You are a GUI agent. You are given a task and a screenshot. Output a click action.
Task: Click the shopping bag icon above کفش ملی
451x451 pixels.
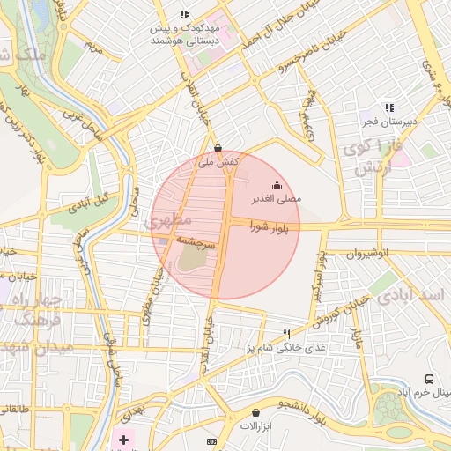tap(218, 148)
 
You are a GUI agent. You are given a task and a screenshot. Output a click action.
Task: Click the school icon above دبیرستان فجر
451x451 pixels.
tap(388, 107)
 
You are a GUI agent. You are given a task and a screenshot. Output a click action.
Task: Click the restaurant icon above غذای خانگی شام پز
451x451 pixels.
tap(286, 334)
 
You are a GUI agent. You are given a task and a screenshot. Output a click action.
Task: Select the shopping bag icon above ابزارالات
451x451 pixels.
tap(255, 412)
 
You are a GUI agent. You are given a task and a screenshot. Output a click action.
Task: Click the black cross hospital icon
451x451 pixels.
tap(123, 439)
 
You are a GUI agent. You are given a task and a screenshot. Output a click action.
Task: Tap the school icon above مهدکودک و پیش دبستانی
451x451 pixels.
tap(183, 14)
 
